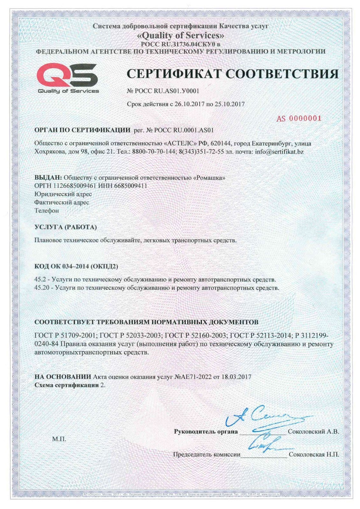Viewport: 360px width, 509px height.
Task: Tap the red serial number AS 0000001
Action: pyautogui.click(x=299, y=119)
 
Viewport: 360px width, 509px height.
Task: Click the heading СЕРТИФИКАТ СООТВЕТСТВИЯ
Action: pyautogui.click(x=232, y=74)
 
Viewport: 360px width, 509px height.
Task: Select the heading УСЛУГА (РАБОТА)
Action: pyautogui.click(x=65, y=227)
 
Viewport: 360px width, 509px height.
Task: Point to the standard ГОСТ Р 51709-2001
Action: pyautogui.click(x=65, y=336)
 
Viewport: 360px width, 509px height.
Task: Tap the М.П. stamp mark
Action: pyautogui.click(x=59, y=439)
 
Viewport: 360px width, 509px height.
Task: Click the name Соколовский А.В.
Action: pyautogui.click(x=313, y=432)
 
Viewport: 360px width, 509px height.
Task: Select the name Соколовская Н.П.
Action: pyautogui.click(x=314, y=455)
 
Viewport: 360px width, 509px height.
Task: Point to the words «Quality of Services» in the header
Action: pyautogui.click(x=180, y=35)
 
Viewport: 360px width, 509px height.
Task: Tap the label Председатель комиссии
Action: pyautogui.click(x=207, y=455)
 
